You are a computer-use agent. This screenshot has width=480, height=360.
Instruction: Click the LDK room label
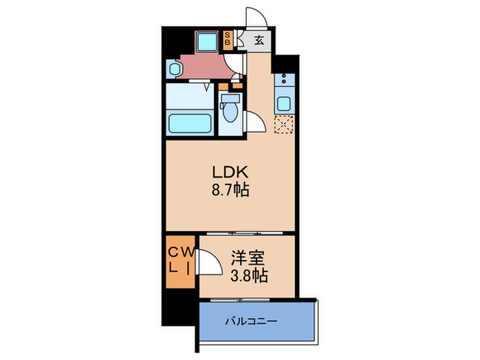click(x=228, y=172)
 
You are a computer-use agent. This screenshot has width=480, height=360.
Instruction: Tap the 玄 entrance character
click(x=260, y=40)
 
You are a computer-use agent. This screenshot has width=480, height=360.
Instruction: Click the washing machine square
click(x=206, y=42)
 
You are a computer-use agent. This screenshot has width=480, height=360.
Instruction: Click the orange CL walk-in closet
click(x=180, y=261)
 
